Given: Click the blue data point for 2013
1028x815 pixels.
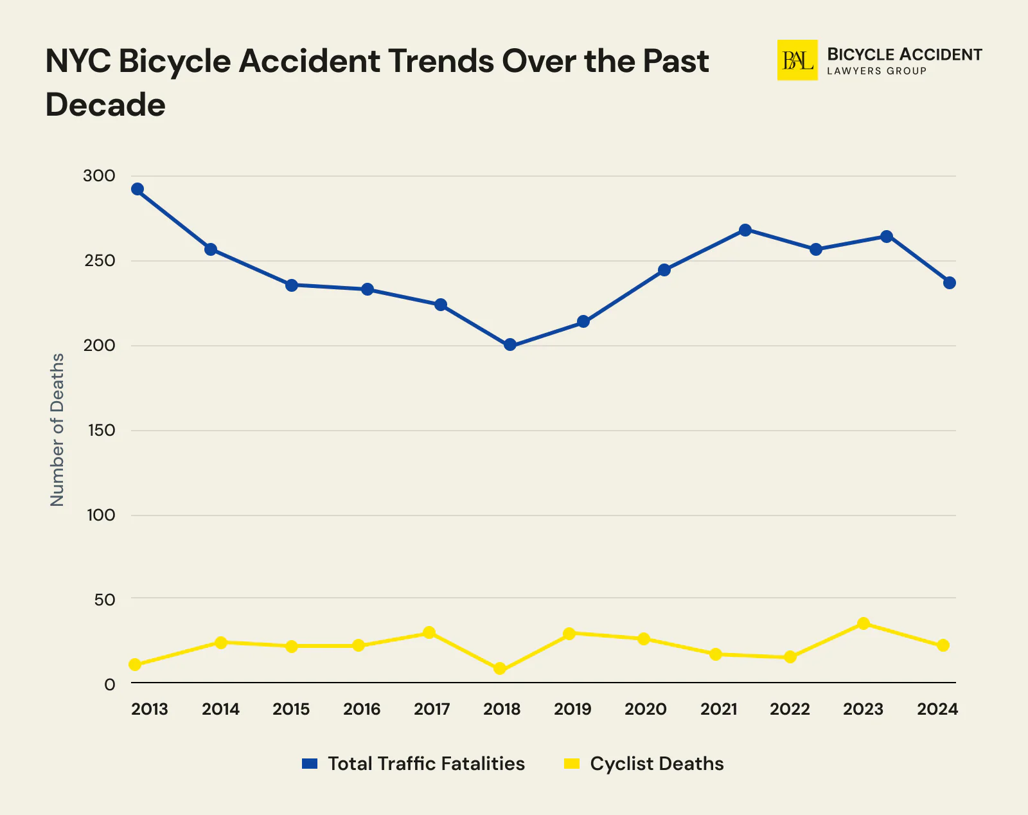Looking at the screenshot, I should click(x=137, y=189).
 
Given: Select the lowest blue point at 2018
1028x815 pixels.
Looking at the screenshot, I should click(x=510, y=345).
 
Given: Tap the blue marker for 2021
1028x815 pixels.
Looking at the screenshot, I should click(x=745, y=230).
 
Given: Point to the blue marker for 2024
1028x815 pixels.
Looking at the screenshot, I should click(x=950, y=283).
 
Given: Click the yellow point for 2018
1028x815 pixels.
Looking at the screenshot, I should click(x=500, y=668).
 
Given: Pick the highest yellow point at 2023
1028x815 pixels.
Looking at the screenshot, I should click(x=864, y=623).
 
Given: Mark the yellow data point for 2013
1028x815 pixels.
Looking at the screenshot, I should click(x=135, y=665).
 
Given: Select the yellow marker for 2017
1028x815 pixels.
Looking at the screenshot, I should click(x=429, y=632).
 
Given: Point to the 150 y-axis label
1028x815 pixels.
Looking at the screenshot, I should click(x=100, y=431).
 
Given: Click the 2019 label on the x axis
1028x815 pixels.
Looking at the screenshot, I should click(x=572, y=710).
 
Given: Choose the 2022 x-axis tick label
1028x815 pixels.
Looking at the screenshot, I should click(x=790, y=710).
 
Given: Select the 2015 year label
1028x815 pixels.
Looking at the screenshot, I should click(x=291, y=710).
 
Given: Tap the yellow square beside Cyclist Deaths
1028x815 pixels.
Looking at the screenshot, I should click(x=571, y=764).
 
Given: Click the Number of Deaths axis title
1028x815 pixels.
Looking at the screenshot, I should click(x=58, y=429).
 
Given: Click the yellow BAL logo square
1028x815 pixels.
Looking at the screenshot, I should click(x=797, y=60).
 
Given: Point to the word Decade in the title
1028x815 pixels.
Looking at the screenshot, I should click(x=105, y=105).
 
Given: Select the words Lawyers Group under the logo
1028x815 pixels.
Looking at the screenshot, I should click(x=876, y=71).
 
